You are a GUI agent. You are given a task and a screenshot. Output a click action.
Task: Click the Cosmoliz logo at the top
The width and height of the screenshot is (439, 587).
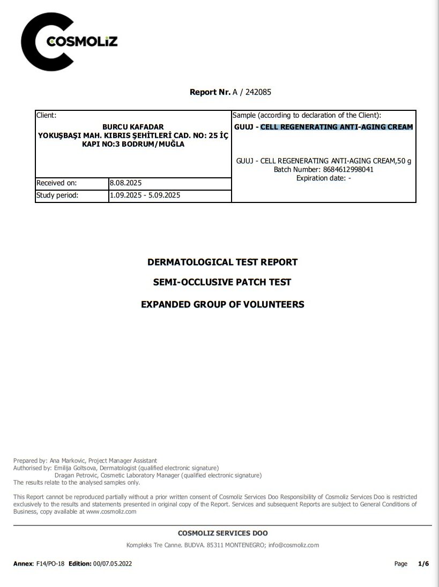tap(69, 42)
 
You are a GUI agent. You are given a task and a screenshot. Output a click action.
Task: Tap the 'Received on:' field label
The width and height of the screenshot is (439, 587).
tap(57, 183)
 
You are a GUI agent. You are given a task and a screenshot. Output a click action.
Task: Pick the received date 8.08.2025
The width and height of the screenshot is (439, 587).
tap(125, 183)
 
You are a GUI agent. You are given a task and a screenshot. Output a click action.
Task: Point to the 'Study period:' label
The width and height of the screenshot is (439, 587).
tap(57, 195)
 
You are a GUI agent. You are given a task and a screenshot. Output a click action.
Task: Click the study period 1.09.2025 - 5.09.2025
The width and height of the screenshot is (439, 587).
tap(145, 195)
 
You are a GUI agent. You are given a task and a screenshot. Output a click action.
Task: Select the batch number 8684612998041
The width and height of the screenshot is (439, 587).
tap(348, 169)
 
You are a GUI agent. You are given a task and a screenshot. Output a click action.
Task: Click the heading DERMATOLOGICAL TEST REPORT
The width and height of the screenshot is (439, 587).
tap(222, 262)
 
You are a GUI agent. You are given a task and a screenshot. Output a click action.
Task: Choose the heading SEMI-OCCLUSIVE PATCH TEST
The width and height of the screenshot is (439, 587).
tap(222, 282)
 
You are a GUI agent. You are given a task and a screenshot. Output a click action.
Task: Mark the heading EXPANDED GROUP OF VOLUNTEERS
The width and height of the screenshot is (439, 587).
tap(222, 305)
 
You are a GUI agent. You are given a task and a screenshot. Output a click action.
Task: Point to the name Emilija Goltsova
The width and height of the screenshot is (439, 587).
tap(76, 468)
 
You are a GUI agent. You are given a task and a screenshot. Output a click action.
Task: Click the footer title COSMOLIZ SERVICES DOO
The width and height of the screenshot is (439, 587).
tap(222, 533)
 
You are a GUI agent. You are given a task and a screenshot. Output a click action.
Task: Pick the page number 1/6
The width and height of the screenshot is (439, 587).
tap(423, 563)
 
